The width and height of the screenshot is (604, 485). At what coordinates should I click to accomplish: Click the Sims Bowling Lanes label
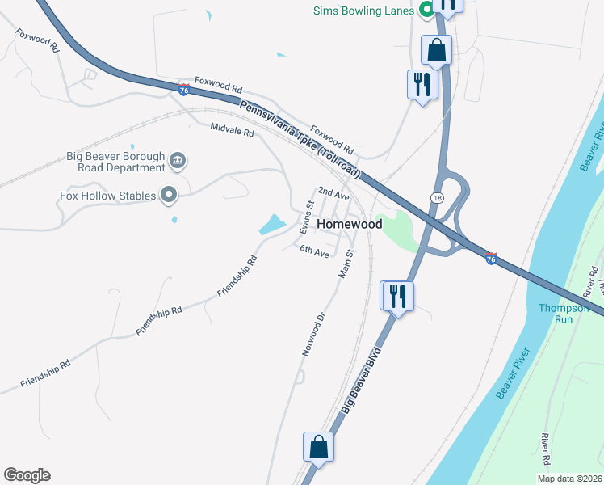pos(363,11)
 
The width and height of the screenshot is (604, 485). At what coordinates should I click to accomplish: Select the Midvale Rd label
pos(232,129)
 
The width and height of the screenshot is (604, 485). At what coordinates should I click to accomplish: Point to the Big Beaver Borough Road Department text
pos(115,162)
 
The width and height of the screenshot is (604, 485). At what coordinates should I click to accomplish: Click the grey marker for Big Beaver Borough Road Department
pos(178,162)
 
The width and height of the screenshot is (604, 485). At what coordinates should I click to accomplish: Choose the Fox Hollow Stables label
pos(107,195)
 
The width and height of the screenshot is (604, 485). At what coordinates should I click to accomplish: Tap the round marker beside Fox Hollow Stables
pos(169,195)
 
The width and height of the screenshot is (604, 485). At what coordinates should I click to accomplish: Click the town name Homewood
pos(349,224)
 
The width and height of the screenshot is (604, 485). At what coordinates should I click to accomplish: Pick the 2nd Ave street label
pos(333,194)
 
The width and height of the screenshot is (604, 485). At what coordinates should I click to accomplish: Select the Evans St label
pos(306,217)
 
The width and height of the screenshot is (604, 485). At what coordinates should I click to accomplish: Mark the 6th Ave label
pos(314,251)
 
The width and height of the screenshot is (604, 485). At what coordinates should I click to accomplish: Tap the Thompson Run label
pos(556,313)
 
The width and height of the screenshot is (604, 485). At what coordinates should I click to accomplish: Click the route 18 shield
pos(437,197)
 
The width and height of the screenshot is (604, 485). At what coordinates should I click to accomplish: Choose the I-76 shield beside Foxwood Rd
pos(184,90)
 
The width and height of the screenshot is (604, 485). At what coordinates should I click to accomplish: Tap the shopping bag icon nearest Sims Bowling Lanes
pos(436,50)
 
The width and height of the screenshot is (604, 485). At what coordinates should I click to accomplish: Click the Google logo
pos(27,475)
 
